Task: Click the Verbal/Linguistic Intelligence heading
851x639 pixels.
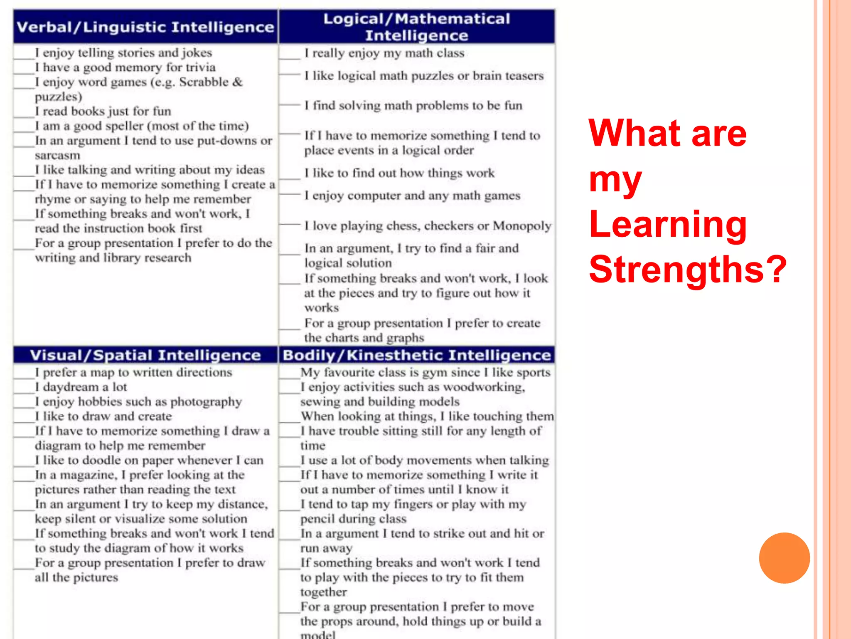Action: [x=145, y=27]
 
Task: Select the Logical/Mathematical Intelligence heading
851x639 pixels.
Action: [x=416, y=27]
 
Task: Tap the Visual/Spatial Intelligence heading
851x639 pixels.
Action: [x=145, y=355]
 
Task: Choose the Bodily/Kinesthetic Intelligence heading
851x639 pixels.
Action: [x=416, y=355]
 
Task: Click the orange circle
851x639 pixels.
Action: [x=784, y=558]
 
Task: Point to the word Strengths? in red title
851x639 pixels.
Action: [x=688, y=269]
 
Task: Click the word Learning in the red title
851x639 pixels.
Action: [x=668, y=224]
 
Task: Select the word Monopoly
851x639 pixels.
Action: [x=522, y=225]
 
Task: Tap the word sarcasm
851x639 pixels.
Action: [x=57, y=155]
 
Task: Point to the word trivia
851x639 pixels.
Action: [x=201, y=67]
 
